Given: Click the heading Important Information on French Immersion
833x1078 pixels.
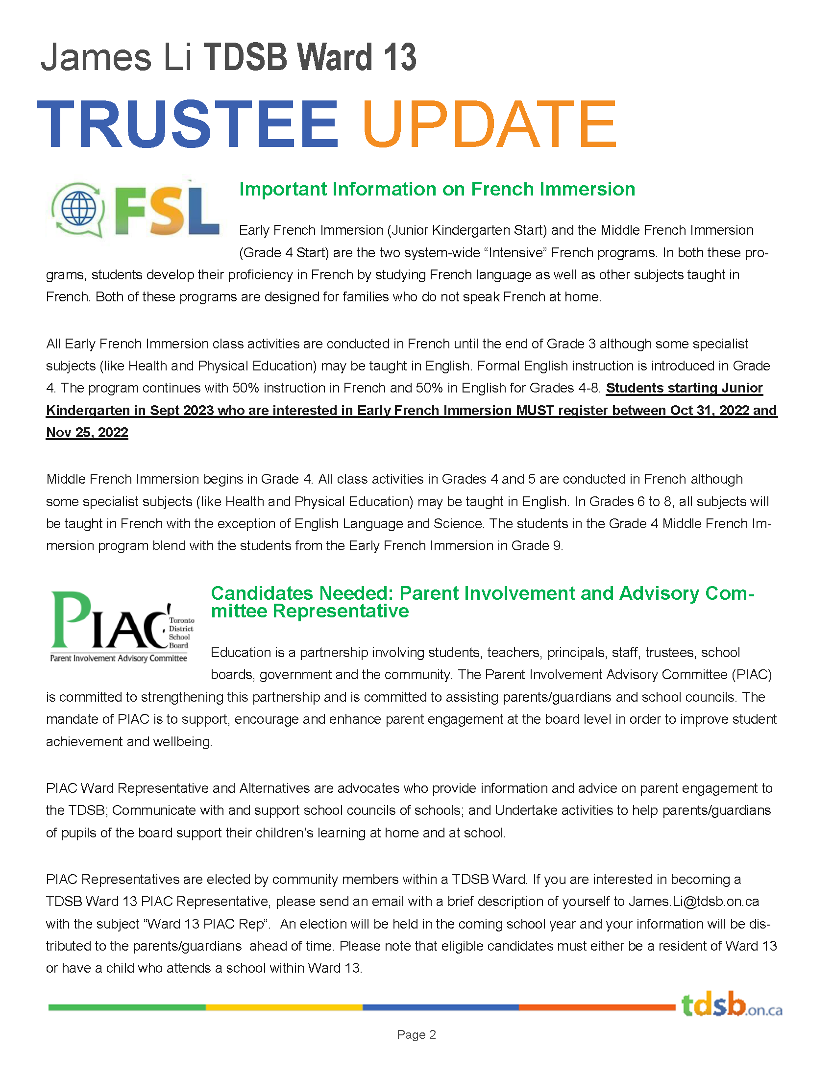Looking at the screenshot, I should coord(437,189).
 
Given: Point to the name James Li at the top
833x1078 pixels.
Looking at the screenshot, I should coord(116,57).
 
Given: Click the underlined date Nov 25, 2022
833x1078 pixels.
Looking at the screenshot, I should coord(87,432).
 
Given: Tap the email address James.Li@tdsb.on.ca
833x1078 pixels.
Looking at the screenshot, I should coord(693,901).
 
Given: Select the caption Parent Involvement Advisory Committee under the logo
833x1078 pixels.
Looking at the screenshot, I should coord(119,658).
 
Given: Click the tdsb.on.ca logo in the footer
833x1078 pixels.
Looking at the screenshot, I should coord(732,1005).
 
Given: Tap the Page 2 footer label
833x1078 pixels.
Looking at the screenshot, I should coord(416,1034).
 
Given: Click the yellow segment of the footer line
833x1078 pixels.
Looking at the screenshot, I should coord(284,1007).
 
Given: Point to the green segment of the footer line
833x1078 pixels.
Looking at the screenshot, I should coord(127,1007).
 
